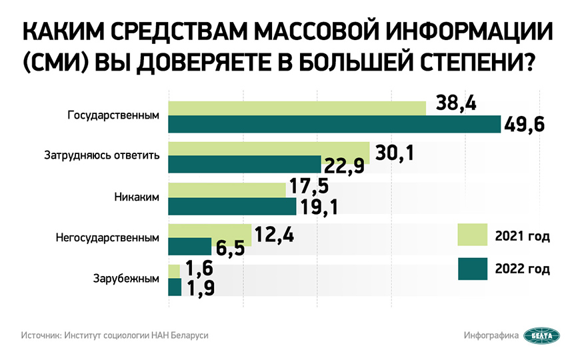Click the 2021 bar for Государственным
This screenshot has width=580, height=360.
tap(297, 108)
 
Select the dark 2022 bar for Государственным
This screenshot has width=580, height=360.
tap(333, 124)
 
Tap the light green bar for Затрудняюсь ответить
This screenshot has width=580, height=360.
tap(268, 149)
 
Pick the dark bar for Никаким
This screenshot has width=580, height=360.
tap(231, 207)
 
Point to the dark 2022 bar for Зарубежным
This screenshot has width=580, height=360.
tap(175, 287)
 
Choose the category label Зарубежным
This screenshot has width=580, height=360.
tap(126, 278)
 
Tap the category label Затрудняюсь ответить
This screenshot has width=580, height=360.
tap(102, 156)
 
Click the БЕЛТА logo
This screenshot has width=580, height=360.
tap(541, 335)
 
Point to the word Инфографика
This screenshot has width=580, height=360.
tap(491, 335)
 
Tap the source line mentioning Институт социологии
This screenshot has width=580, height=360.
tap(115, 335)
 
